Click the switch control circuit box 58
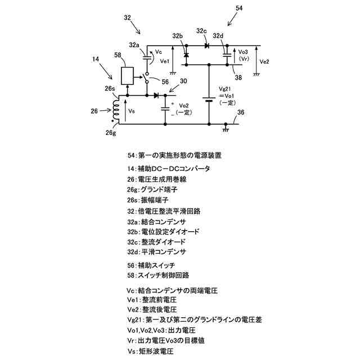128,75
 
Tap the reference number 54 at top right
239,8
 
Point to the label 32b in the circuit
178,37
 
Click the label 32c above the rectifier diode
202,30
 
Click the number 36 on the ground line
241,113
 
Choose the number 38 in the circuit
238,77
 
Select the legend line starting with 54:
174,155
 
